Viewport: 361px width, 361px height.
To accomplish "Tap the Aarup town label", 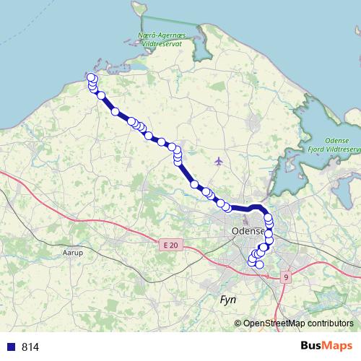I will tap(74, 253).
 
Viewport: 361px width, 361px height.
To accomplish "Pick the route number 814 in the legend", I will tap(30, 347).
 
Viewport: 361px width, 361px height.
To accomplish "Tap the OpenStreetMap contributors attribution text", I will tap(298, 323).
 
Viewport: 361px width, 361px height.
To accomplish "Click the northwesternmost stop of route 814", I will tap(91, 77).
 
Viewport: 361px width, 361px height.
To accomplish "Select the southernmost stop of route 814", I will tap(259, 264).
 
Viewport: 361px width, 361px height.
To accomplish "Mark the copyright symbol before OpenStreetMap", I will tap(238, 323).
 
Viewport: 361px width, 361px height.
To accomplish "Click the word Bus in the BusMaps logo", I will tap(312, 346).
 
